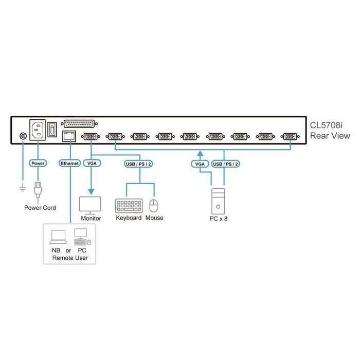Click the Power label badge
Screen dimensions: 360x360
pyautogui.click(x=38, y=163)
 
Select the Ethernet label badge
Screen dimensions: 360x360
pyautogui.click(x=70, y=163)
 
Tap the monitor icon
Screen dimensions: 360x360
pyautogui.click(x=91, y=205)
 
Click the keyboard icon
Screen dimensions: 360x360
pyautogui.click(x=129, y=206)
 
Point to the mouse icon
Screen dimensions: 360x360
pyautogui.click(x=153, y=206)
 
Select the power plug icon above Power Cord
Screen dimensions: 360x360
pyautogui.click(x=38, y=190)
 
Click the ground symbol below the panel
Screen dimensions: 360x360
pyautogui.click(x=22, y=187)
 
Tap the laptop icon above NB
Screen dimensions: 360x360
pyautogui.click(x=58, y=238)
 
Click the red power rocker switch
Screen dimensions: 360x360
pyautogui.click(x=52, y=130)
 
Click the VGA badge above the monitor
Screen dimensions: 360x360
pyautogui.click(x=92, y=163)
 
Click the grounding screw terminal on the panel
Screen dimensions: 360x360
pyautogui.click(x=22, y=136)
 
